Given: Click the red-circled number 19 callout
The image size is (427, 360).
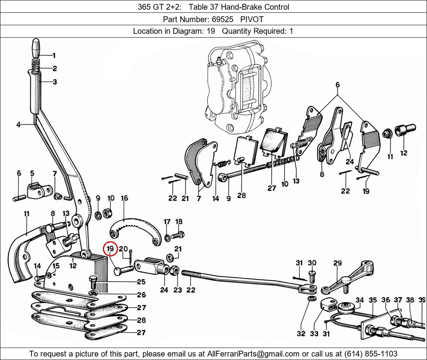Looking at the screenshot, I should tap(110, 248).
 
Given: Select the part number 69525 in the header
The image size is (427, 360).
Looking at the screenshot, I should tap(222, 19).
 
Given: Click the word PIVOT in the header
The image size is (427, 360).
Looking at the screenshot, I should tap(252, 19).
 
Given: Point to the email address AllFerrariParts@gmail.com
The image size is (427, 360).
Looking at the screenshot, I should tap(253, 354).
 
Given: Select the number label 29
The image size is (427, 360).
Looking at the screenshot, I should tap(337, 263).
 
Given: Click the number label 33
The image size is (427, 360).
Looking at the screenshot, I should tap(314, 334).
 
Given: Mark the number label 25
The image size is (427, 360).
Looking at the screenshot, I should tap(141, 282).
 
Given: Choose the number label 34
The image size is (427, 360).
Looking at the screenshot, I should tap(360, 300).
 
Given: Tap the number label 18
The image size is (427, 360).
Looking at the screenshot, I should tap(179, 222).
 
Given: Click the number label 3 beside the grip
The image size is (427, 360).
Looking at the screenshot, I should tap(55, 82).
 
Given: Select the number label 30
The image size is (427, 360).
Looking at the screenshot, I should tap(312, 263).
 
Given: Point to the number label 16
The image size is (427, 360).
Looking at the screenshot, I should tap(124, 198).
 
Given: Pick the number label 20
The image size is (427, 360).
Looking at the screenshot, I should tap(123, 249).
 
